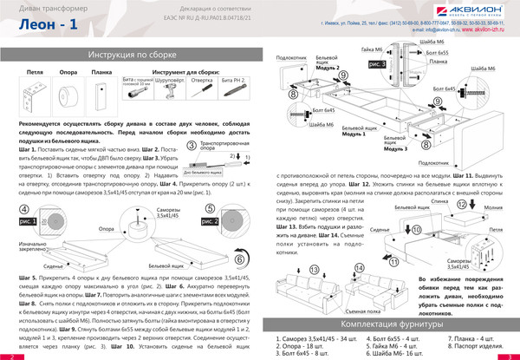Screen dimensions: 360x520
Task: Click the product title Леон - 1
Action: pos(48,28)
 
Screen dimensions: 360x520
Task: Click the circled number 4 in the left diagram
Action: pos(24,210)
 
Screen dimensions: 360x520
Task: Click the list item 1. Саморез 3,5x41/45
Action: pos(316,337)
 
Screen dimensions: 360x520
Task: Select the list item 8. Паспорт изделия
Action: pos(474,345)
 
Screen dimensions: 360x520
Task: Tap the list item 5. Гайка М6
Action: pos(393,345)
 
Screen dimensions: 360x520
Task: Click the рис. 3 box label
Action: pos(379,64)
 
